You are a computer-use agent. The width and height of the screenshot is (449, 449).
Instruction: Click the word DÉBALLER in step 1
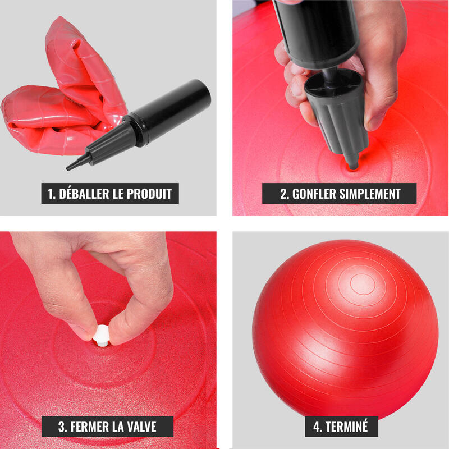[84, 194]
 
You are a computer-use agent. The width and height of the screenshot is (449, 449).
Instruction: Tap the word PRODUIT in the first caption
[149, 194]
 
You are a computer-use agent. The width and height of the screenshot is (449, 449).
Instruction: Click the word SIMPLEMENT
[370, 194]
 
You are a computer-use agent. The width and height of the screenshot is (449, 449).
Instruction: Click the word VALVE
[142, 427]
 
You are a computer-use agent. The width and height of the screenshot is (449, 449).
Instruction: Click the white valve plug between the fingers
[102, 336]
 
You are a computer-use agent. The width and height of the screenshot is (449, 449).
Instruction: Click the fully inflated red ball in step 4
[345, 329]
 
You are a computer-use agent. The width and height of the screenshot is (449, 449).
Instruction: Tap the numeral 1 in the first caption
[51, 194]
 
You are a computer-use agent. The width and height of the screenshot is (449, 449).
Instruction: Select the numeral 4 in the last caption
[317, 427]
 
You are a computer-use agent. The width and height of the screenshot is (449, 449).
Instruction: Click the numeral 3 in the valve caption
[62, 427]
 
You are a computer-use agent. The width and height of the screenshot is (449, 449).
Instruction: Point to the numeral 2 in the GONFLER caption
[284, 194]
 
